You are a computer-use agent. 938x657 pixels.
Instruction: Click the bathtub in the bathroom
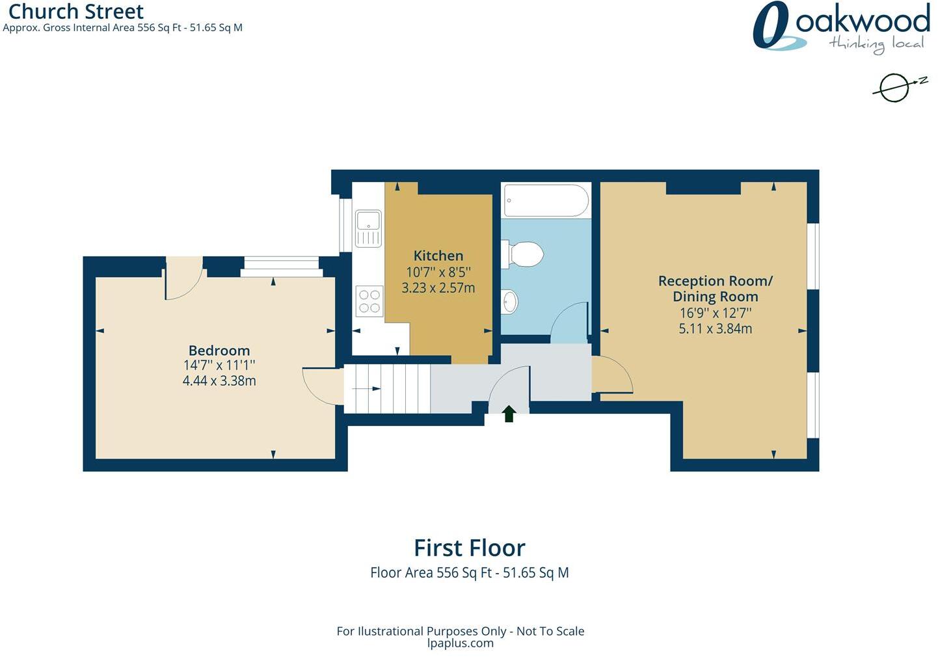coord(546,200)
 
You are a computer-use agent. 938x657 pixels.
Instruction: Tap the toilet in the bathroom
coord(523,254)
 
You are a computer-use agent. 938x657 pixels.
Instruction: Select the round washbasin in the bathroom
coord(509,301)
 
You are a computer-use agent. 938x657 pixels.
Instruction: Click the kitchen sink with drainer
coord(368,228)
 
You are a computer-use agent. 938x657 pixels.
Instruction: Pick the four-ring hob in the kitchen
coord(369,301)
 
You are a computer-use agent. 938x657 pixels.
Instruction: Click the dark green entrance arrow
coord(509,413)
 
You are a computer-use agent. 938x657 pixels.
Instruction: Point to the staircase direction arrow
coord(366,388)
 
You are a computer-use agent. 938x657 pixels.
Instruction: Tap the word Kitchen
coord(438,256)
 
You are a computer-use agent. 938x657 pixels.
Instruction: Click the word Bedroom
coord(219,350)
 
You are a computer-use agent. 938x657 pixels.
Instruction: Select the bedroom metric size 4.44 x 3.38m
coord(219,381)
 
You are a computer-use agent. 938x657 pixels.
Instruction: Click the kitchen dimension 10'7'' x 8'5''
coord(438,272)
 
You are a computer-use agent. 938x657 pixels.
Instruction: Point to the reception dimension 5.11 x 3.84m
coord(716,328)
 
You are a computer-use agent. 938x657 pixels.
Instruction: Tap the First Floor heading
coord(470,548)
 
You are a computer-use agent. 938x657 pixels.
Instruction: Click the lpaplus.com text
coord(460,643)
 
